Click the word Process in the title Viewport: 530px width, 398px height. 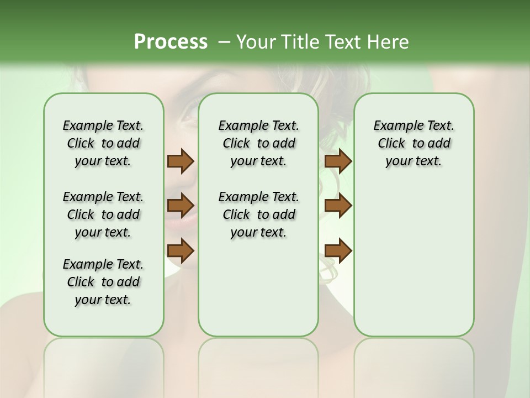[x=171, y=42]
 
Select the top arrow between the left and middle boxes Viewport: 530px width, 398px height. [x=181, y=161]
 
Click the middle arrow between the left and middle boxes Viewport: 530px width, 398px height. [x=181, y=206]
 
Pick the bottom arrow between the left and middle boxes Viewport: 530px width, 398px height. [x=181, y=250]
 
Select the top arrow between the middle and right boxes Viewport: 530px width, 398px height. [x=338, y=161]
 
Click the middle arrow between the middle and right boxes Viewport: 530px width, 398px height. [x=338, y=206]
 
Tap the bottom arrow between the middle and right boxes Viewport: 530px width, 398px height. [x=338, y=250]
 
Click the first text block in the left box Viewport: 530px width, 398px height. [x=103, y=143]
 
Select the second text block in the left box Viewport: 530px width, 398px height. [x=103, y=214]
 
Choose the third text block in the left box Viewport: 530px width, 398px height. [x=103, y=282]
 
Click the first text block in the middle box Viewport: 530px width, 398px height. [x=258, y=143]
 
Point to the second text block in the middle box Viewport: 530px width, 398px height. [x=258, y=214]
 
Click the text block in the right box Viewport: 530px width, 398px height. [x=414, y=143]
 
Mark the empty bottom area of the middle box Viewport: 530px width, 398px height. [x=258, y=293]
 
